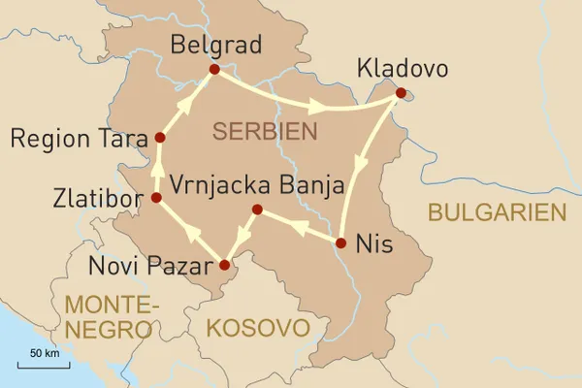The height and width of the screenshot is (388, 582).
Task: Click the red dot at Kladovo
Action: [x=401, y=94]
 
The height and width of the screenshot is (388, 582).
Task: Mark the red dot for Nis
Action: [x=341, y=242]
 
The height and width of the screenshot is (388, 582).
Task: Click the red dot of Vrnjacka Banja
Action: [x=257, y=210]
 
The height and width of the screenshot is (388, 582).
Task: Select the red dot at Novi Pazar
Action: [x=225, y=264]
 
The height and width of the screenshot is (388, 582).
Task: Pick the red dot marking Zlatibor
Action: [x=156, y=198]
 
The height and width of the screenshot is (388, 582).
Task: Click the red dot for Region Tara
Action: [x=158, y=138]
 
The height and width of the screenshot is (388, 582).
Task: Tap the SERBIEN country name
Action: [x=267, y=130]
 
